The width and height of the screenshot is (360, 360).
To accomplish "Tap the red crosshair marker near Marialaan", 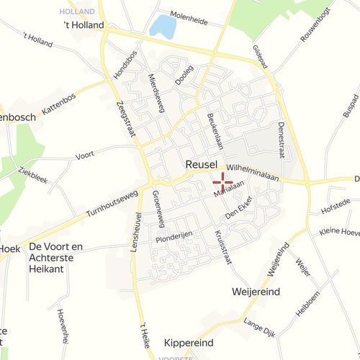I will [222, 181].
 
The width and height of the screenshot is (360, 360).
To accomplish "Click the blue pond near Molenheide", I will [163, 27].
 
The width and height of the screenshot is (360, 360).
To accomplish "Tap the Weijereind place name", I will [256, 292].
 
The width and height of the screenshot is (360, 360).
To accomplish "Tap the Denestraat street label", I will [280, 140].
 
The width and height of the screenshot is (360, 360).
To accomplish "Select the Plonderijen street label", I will [176, 238].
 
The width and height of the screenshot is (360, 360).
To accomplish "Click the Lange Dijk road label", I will [260, 328].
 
